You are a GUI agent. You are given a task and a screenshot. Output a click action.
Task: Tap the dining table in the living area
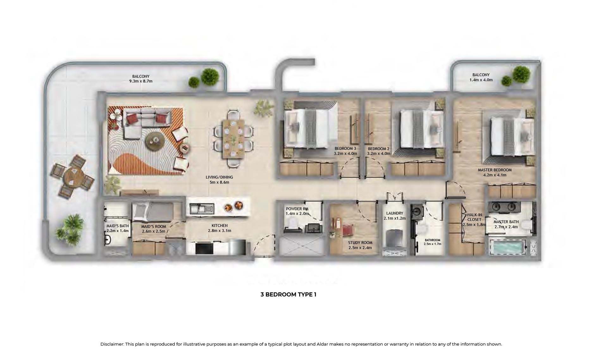[x=233, y=138]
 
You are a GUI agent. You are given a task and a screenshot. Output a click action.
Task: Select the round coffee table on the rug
[x=155, y=139]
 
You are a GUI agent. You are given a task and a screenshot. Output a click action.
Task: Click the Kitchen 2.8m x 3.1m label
[x=219, y=228]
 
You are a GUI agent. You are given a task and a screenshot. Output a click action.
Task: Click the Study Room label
[x=360, y=245]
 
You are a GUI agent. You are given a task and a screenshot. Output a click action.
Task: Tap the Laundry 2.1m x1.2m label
[x=394, y=216]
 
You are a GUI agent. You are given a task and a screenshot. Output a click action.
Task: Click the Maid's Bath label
[x=117, y=228]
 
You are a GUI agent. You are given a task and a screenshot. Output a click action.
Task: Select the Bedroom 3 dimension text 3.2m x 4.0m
[x=345, y=154]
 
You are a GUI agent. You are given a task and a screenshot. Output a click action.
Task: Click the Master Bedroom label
[x=494, y=172]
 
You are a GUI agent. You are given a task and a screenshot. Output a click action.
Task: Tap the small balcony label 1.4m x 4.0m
[x=481, y=80]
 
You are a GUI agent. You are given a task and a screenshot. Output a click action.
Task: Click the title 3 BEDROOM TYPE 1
[x=288, y=295]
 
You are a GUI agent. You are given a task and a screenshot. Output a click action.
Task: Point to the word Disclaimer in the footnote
[x=112, y=344]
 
